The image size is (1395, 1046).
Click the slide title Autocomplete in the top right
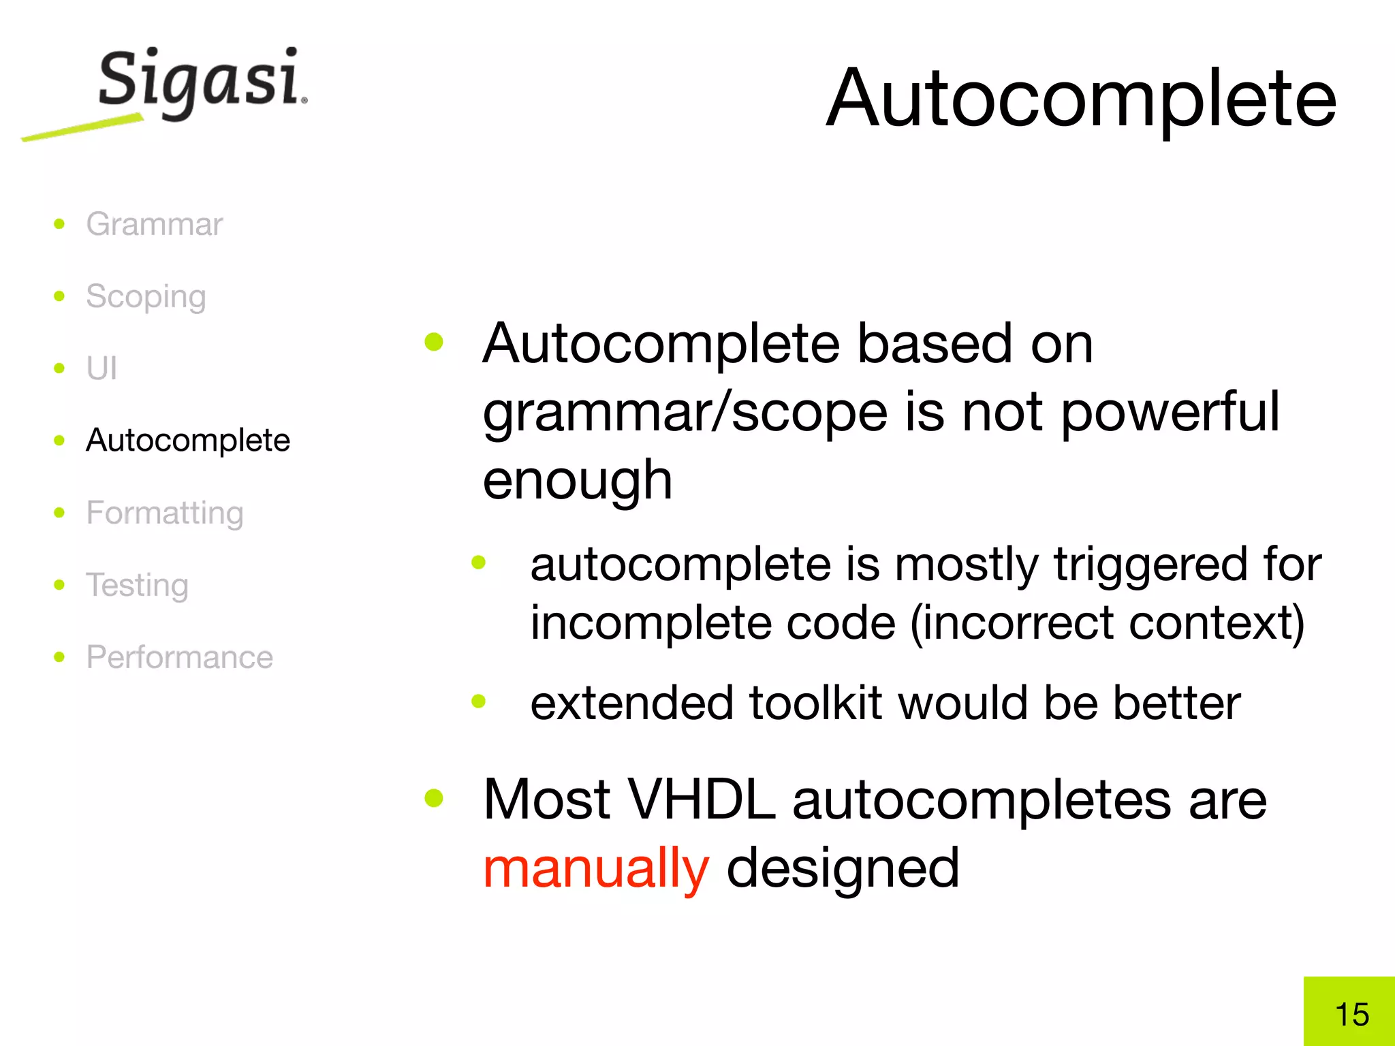[1081, 99]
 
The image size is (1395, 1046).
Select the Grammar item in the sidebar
[154, 224]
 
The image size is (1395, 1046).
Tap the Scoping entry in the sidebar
[146, 297]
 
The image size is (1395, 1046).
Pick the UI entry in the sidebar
[101, 368]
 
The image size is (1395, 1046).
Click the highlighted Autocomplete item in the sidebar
[188, 440]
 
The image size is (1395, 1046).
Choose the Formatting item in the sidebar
[164, 513]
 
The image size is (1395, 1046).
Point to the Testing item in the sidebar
[137, 585]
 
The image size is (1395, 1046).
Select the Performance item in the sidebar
[179, 657]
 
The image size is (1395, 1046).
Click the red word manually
[596, 868]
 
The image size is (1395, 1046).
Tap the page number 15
[1352, 1015]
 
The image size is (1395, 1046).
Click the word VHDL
[701, 799]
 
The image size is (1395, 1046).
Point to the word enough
[578, 480]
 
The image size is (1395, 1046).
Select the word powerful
[1170, 412]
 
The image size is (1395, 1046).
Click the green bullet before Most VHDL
[434, 797]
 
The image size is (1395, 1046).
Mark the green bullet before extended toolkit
[479, 701]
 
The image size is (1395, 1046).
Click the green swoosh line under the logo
[82, 128]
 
